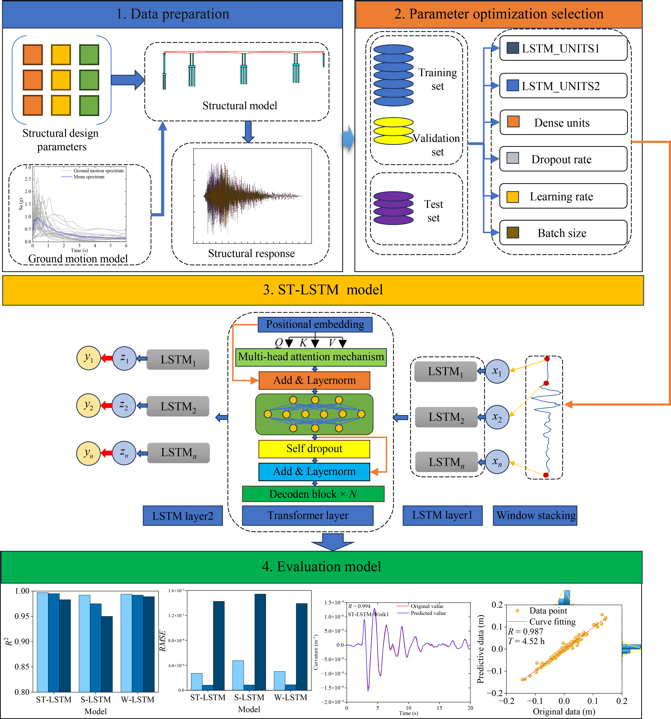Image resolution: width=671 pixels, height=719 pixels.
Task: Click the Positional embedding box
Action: coord(315,324)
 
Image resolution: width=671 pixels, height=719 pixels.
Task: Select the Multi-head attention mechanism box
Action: coord(311,357)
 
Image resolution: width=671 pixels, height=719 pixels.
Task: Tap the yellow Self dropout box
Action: coord(314,449)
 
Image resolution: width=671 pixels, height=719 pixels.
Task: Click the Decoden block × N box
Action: coord(313,494)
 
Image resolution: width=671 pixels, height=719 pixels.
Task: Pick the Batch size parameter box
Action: coord(563,233)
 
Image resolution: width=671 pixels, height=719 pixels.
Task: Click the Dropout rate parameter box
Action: coord(563,159)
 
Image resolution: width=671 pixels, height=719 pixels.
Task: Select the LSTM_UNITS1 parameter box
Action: coord(563,48)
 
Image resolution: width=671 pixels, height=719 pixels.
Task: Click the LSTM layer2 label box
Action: coord(182,516)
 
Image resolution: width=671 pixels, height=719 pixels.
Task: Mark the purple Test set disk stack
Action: coord(393,208)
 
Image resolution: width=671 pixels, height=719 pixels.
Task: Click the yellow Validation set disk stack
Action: coord(393,131)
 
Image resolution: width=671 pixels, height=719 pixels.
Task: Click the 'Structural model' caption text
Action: coord(240,106)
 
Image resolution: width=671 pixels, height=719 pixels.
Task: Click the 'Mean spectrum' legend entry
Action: coord(89,177)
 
